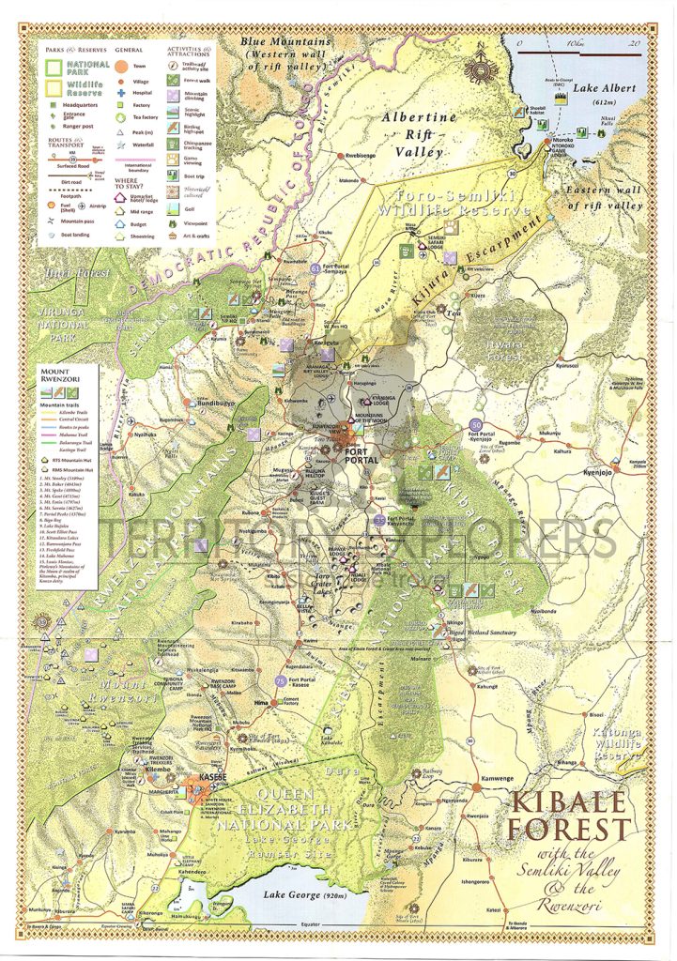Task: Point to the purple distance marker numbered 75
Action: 280,679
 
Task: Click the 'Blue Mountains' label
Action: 285,42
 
